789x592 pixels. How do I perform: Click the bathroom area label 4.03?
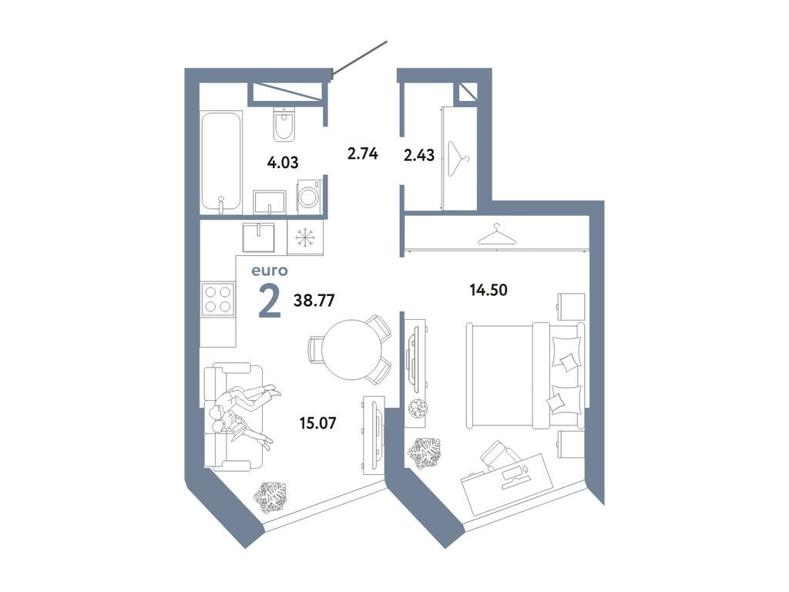coord(282,163)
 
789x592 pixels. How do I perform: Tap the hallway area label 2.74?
coord(362,153)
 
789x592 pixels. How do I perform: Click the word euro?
coord(269,271)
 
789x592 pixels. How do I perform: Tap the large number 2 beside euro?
coord(269,301)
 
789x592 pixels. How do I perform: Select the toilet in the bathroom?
coord(284,125)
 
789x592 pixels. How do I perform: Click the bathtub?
coord(221,161)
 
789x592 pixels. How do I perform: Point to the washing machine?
coord(309,197)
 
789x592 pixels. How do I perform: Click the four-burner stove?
coord(217,299)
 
